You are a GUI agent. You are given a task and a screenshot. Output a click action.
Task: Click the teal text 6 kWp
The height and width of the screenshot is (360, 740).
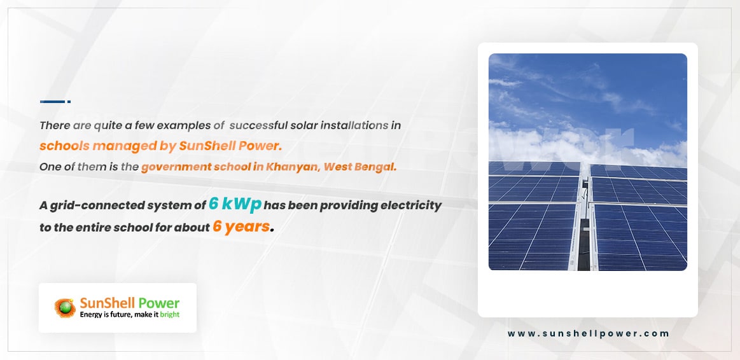click(x=235, y=205)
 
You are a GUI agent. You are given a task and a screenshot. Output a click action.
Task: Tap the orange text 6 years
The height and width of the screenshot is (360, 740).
click(x=241, y=226)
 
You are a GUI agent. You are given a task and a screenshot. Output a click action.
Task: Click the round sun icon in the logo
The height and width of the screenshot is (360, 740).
click(x=65, y=308)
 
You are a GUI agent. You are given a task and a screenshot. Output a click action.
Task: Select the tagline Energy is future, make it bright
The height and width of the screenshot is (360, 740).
click(x=130, y=314)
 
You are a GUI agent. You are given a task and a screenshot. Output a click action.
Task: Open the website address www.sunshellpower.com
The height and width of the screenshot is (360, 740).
click(x=588, y=333)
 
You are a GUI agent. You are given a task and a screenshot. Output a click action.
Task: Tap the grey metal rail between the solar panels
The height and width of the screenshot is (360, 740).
click(x=584, y=216)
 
